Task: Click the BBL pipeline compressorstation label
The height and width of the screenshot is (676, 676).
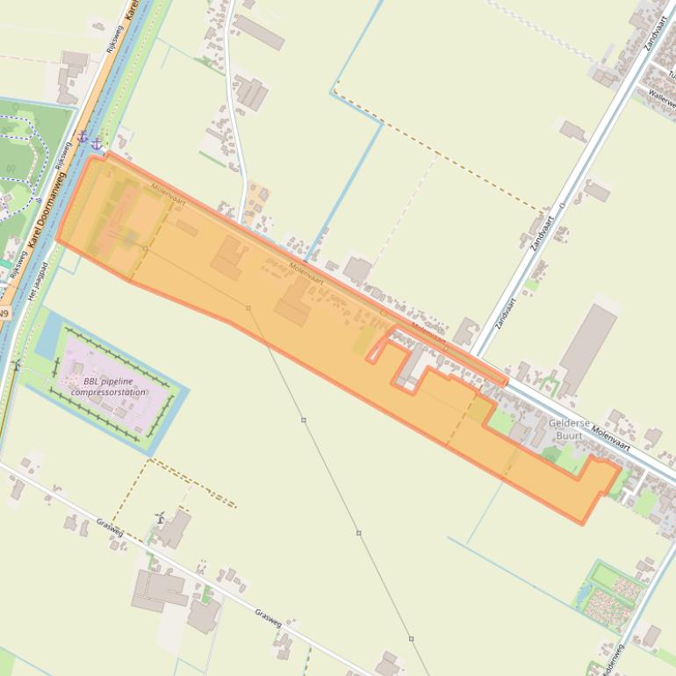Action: [x=108, y=386]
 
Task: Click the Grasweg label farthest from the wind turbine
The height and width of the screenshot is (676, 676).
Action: [x=268, y=618]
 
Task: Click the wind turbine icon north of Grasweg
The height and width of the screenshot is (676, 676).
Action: [x=160, y=518]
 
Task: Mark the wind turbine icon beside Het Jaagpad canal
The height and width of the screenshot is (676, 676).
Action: [x=15, y=364]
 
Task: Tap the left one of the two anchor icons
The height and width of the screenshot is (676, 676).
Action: [x=83, y=137]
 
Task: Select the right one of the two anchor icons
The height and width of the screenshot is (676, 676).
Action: [x=97, y=141]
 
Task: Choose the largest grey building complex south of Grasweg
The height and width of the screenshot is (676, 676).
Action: [x=158, y=590]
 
